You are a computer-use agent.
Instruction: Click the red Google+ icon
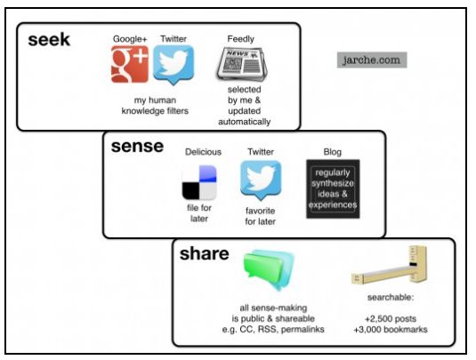coord(130,64)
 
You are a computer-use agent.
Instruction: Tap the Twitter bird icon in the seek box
coord(173,65)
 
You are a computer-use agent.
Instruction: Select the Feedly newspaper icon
coord(242,64)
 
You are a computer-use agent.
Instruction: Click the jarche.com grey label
coord(372,60)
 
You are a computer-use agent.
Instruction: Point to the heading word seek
coord(49,40)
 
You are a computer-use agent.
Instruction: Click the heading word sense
coord(137,146)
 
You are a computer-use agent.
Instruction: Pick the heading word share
coord(205,253)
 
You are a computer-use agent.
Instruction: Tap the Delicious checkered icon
coord(199,182)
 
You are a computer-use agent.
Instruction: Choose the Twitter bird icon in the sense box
coord(261,180)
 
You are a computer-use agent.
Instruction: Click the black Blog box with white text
coord(333,188)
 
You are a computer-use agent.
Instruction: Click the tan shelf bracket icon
coord(390,266)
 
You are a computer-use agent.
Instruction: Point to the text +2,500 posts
coord(391,319)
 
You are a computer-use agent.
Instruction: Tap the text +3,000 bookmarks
coord(391,330)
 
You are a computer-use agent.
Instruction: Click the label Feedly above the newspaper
coord(241,39)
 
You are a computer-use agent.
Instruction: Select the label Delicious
coord(203,152)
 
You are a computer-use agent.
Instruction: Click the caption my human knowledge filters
coord(155,106)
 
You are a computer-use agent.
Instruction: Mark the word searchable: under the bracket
coord(391,297)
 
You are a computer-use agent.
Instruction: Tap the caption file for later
coord(199,213)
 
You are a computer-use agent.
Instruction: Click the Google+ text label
coord(130,39)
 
